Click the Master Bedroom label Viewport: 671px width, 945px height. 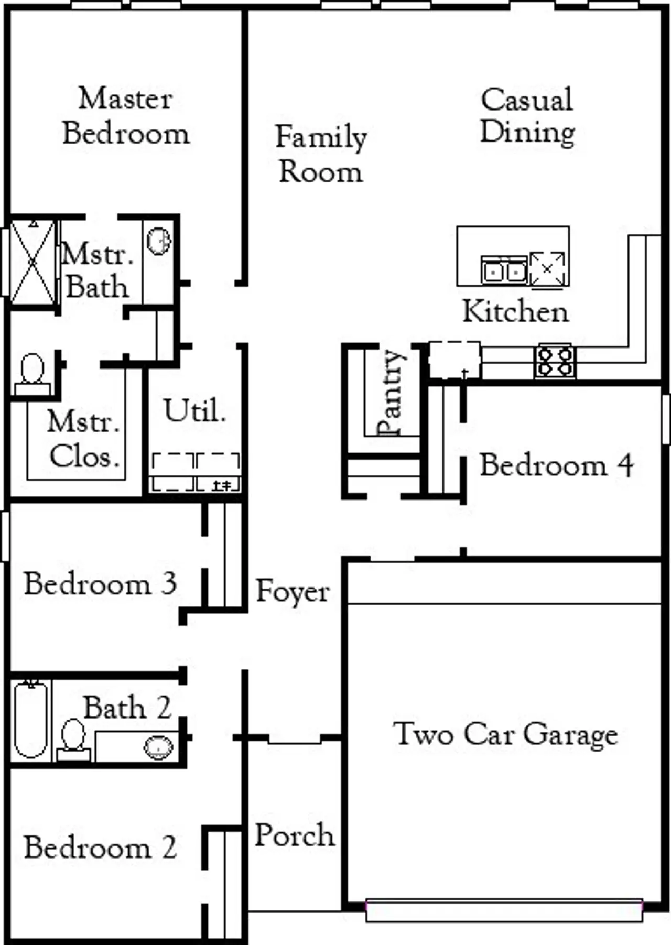coord(126,116)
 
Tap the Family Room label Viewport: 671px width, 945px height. coord(321,154)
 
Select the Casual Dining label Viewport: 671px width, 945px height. coord(527,116)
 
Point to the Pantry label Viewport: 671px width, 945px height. coord(391,392)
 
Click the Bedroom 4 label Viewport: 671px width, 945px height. coord(556,465)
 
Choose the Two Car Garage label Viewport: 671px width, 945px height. coord(505,734)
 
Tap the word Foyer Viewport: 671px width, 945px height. coord(293,592)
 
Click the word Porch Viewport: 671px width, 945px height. coord(295,835)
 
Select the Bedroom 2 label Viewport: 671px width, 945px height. coord(100,848)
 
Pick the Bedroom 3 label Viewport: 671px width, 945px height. coord(100,584)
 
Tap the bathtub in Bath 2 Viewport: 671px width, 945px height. coord(30,719)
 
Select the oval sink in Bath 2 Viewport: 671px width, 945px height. coord(158,747)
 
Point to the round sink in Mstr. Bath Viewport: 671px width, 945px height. coord(159,242)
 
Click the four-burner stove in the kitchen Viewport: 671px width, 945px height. coord(555,361)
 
